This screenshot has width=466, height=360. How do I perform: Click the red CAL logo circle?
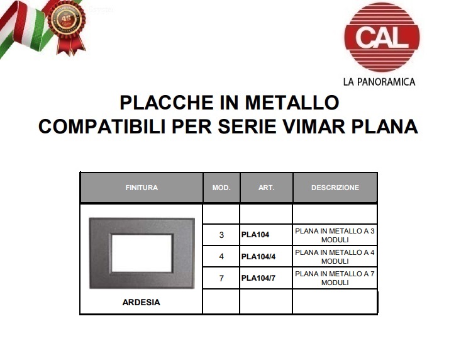[x=382, y=37]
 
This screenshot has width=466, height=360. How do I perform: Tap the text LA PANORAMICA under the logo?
[x=379, y=82]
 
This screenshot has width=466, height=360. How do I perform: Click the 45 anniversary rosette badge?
[x=67, y=27]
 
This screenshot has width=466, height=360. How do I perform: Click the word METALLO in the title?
[x=292, y=103]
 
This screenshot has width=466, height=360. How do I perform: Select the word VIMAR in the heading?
[x=314, y=127]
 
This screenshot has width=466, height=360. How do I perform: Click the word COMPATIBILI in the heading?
[x=102, y=127]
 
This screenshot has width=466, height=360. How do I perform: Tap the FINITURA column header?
[x=141, y=188]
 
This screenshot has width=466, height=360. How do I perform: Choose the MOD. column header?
[x=221, y=188]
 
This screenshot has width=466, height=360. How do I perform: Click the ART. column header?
[x=266, y=188]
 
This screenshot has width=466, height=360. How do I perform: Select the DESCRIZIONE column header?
[x=335, y=188]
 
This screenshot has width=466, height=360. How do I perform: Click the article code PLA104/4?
[x=258, y=256]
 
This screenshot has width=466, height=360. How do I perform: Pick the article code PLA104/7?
[x=258, y=278]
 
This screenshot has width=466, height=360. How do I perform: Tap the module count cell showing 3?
[x=221, y=235]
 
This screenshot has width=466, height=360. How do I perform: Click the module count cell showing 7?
[x=221, y=278]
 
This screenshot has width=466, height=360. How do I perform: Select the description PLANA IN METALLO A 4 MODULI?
[x=335, y=257]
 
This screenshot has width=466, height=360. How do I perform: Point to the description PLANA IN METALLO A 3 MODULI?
[x=335, y=235]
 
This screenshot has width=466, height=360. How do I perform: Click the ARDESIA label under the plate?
[x=141, y=302]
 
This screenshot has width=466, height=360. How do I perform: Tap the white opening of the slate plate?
[x=141, y=253]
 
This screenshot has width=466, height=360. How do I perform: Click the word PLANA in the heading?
[x=385, y=127]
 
